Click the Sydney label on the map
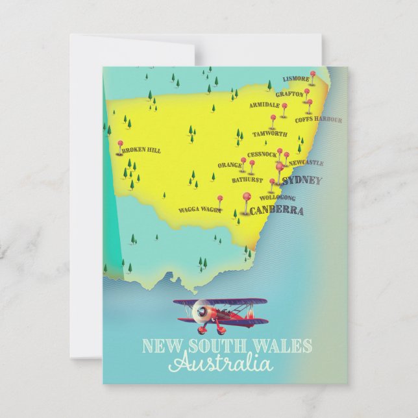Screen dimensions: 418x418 pos(302,180)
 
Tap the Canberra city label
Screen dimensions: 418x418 pos(277,210)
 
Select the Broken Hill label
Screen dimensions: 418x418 pos(141,150)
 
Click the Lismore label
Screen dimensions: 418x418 pos(296,79)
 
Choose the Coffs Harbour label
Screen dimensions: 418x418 pos(318,119)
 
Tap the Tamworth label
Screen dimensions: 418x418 pos(269,134)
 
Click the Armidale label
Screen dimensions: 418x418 pos(264,104)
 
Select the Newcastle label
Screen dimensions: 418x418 pos(306,163)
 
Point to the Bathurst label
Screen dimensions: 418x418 pos(247,180)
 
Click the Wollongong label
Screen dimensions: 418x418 pos(277,197)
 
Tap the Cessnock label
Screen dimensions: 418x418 pos(262,154)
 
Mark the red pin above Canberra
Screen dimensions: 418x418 pos(246,197)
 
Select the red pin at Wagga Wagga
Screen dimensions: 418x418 pos(219,199)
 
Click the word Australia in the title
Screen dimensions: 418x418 pos(220,363)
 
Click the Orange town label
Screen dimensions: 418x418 pos(229,166)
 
